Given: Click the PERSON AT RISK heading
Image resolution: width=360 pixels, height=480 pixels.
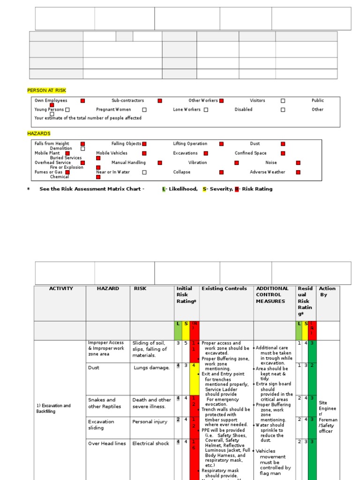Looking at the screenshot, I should (x=44, y=90).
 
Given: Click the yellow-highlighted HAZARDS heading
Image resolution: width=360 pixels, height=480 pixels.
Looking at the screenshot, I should (x=38, y=134).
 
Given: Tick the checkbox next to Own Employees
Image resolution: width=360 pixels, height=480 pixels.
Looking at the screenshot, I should (x=82, y=101).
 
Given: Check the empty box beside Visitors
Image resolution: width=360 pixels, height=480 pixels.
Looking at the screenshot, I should (x=283, y=101).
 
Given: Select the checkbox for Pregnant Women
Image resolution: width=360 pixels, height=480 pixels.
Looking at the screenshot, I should (x=144, y=110).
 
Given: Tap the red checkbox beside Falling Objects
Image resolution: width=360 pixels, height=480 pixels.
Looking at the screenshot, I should (x=144, y=144).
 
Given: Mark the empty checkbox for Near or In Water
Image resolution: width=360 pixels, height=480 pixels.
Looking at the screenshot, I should (x=144, y=172).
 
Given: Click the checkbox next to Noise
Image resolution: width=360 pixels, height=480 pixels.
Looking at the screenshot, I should (x=298, y=163).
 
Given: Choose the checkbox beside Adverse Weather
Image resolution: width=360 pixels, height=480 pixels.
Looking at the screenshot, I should (x=298, y=172).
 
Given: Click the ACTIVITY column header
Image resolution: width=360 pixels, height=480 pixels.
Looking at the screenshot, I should (x=61, y=289).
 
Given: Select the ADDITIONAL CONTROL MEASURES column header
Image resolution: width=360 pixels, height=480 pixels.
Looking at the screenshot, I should (x=272, y=295).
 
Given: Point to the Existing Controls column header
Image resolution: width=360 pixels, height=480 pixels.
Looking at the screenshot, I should (x=224, y=289).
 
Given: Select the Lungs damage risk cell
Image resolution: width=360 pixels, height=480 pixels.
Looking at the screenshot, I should (x=151, y=368).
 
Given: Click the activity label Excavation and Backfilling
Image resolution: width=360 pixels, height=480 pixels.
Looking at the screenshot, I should (x=53, y=408).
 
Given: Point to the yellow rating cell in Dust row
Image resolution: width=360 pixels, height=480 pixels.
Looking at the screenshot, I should (x=194, y=378).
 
